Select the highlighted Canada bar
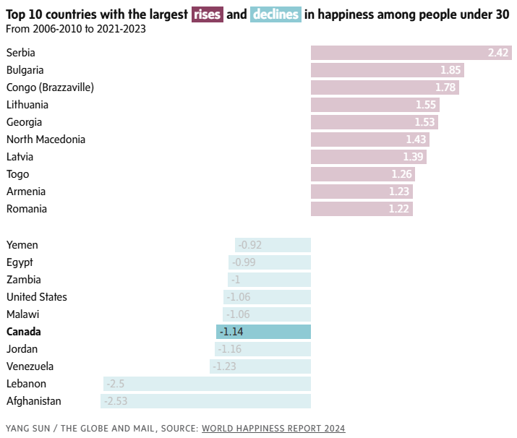[x=263, y=332]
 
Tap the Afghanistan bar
[x=205, y=401]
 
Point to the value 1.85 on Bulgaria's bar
[x=450, y=70]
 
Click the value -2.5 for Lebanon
[x=115, y=384]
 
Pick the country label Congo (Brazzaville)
[x=50, y=87]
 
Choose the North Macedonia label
[x=46, y=139]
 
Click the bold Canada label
[x=24, y=332]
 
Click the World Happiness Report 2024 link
[x=273, y=428]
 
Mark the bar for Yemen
[x=273, y=245]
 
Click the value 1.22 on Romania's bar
[x=400, y=209]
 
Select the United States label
[x=37, y=297]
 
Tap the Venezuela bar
[x=260, y=366]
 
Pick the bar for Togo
[x=362, y=174]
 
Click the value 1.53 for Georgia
[x=424, y=122]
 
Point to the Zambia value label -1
[x=236, y=280]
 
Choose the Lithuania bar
[x=375, y=105]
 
